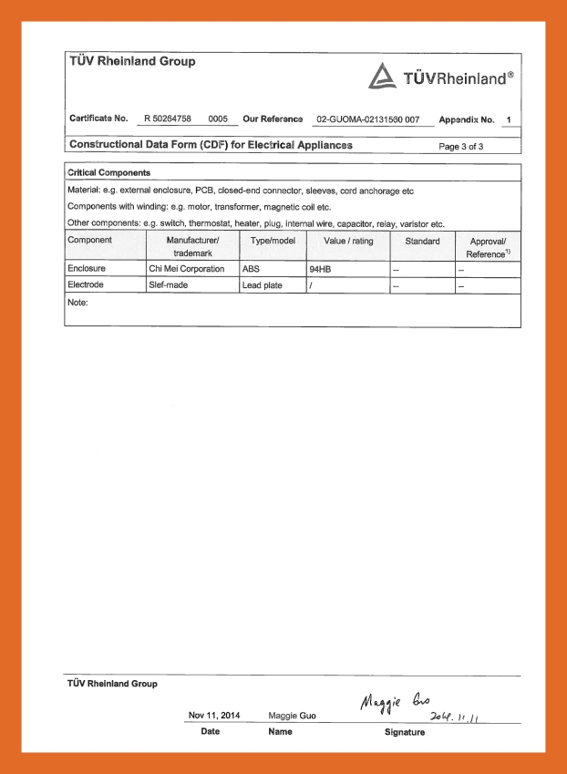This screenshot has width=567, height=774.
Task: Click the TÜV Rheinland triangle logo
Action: coord(381,77)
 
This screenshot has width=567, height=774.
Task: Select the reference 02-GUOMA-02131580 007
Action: coord(367,119)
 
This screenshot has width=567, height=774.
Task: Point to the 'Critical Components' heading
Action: coord(109,172)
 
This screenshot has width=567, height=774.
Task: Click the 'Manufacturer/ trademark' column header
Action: coord(192,246)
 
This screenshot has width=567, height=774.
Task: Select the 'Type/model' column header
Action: coord(273,241)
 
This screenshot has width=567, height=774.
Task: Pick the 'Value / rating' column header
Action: coord(347,241)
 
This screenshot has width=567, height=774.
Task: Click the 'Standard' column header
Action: coord(422,241)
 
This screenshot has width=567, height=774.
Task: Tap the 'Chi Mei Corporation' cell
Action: coord(186,269)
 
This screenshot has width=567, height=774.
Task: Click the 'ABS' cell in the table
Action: coord(251,269)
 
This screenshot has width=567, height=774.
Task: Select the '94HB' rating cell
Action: coord(320,270)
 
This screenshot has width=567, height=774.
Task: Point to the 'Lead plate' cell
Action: coord(263,285)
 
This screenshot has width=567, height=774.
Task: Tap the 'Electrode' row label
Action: coord(88,285)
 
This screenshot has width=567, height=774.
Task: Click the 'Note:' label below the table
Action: coord(78,302)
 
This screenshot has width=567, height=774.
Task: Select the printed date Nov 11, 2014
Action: coord(214,716)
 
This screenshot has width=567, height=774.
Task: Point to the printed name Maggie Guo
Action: coord(293,716)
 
